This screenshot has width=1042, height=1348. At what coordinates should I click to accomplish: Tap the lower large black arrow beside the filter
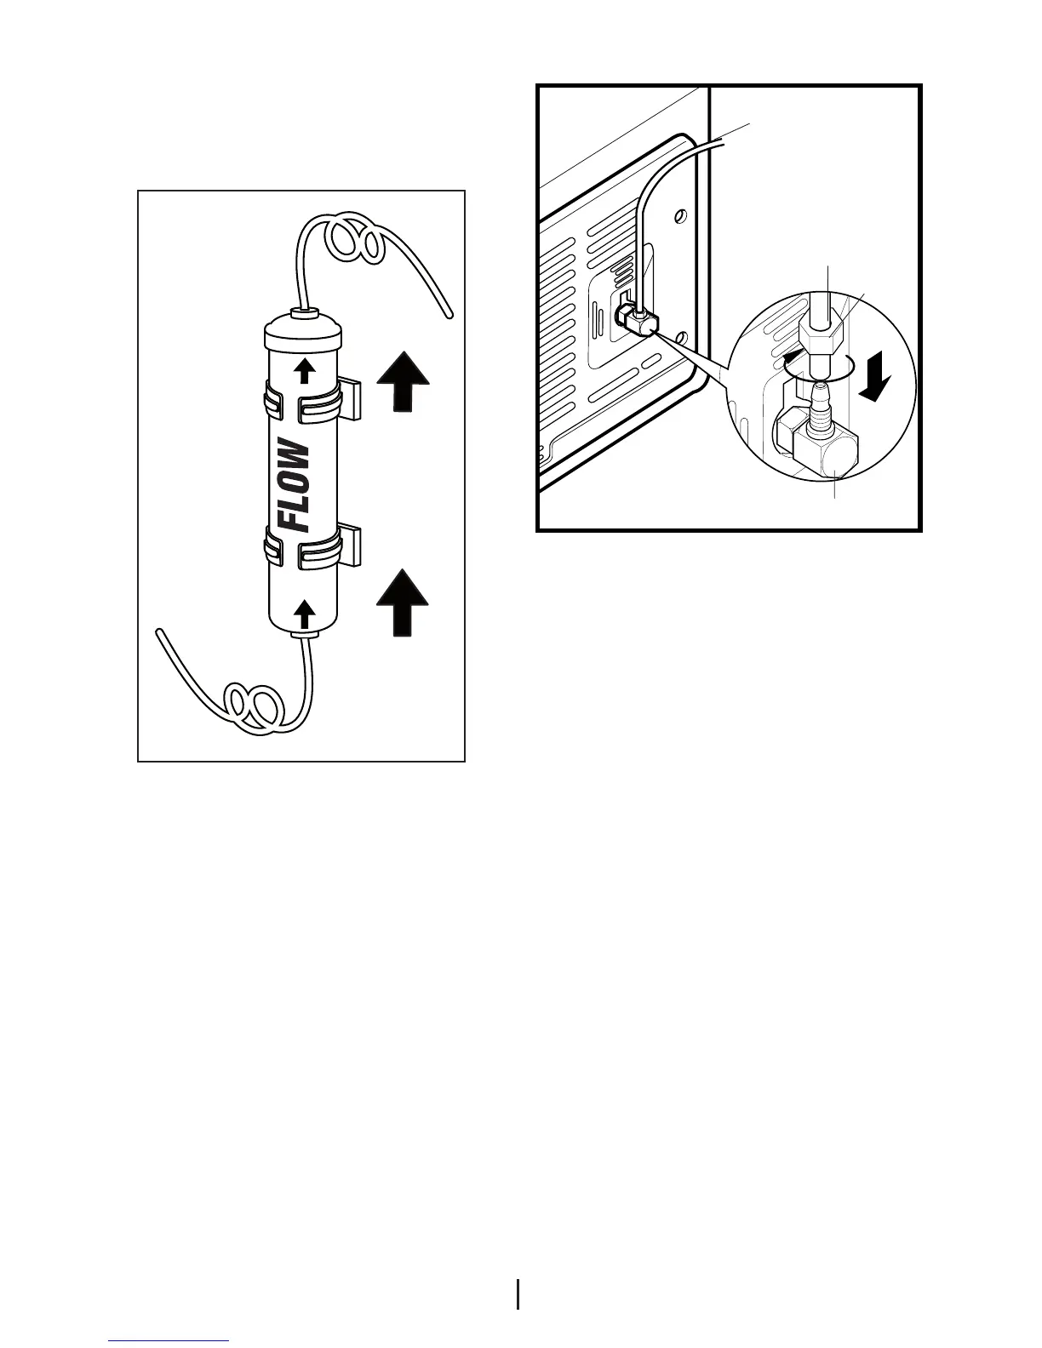tap(403, 603)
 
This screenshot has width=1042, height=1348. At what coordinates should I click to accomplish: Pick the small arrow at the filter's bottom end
tap(303, 610)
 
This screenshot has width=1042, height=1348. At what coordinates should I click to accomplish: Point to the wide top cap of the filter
tap(303, 338)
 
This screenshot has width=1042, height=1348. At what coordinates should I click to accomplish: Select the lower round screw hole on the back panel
tap(681, 340)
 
